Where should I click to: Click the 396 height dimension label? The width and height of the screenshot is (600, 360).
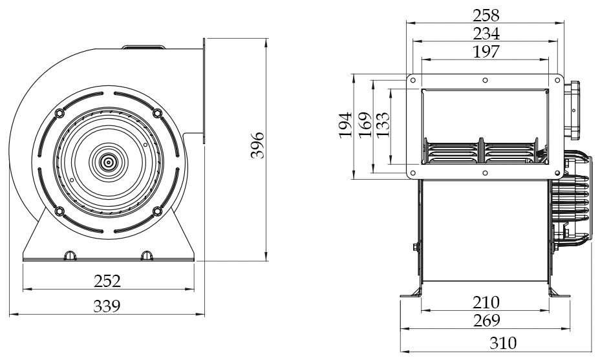tap(257, 145)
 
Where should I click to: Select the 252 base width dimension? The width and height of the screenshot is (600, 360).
tap(107, 281)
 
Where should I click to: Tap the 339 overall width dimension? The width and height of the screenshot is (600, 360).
tap(107, 306)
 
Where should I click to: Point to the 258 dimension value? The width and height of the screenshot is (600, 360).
tap(486, 16)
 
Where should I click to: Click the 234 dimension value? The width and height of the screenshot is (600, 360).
tap(486, 34)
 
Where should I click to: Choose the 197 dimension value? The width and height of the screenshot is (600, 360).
tap(486, 52)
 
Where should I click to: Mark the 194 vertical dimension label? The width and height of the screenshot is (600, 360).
tap(345, 125)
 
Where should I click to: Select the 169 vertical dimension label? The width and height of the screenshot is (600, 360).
tap(365, 125)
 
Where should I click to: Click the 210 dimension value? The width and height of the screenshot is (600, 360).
tap(486, 302)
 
